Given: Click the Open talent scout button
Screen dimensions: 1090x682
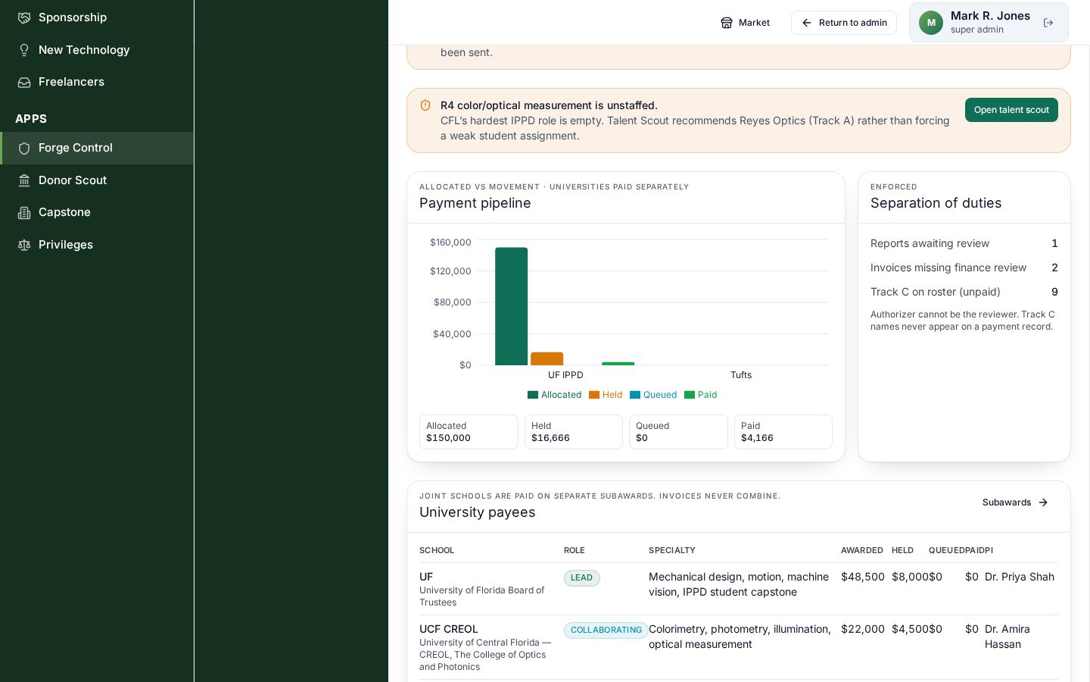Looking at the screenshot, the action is (1011, 110).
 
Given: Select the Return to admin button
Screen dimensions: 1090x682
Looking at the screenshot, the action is (844, 23).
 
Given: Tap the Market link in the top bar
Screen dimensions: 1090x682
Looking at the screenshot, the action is (745, 23).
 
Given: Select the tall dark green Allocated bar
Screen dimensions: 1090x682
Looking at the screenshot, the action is (511, 306).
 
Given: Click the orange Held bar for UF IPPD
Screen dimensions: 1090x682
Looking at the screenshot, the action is (547, 358).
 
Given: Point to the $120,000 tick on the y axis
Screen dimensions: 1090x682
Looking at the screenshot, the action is (450, 271).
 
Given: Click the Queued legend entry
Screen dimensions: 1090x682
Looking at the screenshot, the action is (653, 395).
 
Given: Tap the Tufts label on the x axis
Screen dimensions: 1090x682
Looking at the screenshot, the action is (740, 374).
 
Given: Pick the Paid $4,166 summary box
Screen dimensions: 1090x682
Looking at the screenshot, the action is (783, 432).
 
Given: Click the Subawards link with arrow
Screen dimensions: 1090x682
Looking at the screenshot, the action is (1014, 502).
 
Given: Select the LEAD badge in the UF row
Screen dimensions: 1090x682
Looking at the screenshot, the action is (581, 577).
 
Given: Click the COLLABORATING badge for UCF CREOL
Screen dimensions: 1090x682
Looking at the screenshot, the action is (606, 630).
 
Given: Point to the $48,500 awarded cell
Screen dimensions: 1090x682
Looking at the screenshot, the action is (862, 577).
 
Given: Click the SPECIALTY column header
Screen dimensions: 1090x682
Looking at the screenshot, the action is (671, 550).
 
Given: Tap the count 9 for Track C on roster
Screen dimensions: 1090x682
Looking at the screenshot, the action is (1054, 292).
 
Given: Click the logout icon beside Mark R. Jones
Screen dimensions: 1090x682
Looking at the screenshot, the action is (1048, 23).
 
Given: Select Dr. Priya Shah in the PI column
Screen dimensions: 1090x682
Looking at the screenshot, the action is (1019, 577).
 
